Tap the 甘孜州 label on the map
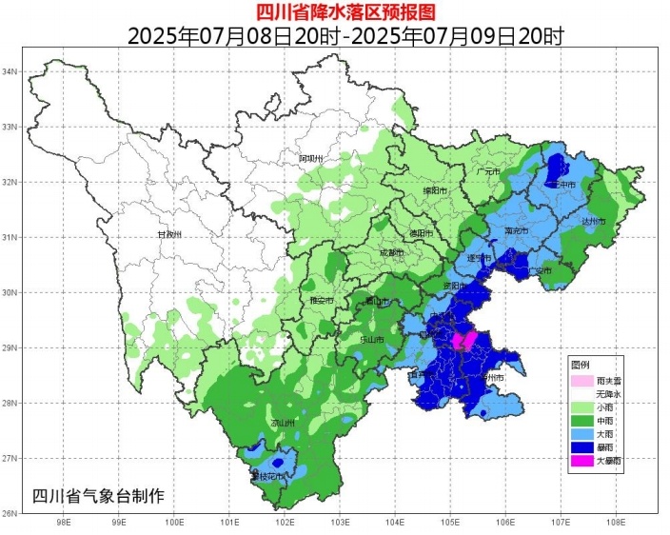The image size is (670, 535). click(x=168, y=234)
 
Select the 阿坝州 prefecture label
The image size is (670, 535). click(x=311, y=158)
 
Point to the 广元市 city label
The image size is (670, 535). click(x=487, y=171)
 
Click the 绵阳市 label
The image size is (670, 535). click(x=433, y=190)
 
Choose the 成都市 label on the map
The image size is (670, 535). click(x=391, y=253)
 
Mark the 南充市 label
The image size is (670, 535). click(x=517, y=230)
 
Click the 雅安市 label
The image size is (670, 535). click(x=323, y=301)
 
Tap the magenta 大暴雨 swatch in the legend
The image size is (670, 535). click(x=580, y=461)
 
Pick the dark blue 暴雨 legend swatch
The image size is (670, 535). click(x=580, y=446)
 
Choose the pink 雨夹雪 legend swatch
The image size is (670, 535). click(x=580, y=381)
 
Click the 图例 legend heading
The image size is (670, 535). click(x=580, y=366)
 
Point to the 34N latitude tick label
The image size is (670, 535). click(x=11, y=72)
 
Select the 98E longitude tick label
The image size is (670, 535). click(x=65, y=522)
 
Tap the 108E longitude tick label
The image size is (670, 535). click(x=616, y=522)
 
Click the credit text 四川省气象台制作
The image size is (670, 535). click(x=98, y=496)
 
